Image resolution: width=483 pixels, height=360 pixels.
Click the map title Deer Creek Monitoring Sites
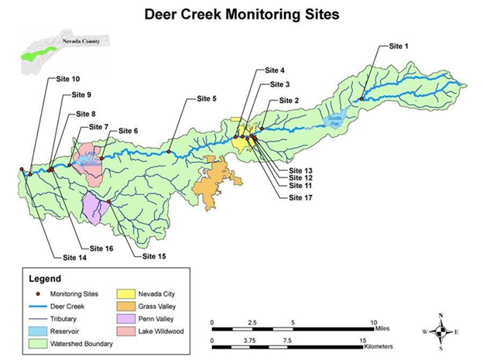241,14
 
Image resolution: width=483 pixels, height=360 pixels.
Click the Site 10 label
68,79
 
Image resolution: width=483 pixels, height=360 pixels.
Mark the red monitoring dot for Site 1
361,98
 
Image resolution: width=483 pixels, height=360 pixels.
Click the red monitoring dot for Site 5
170,153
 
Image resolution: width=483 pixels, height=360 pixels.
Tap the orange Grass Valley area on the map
218,181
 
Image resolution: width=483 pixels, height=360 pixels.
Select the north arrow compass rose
440,331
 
